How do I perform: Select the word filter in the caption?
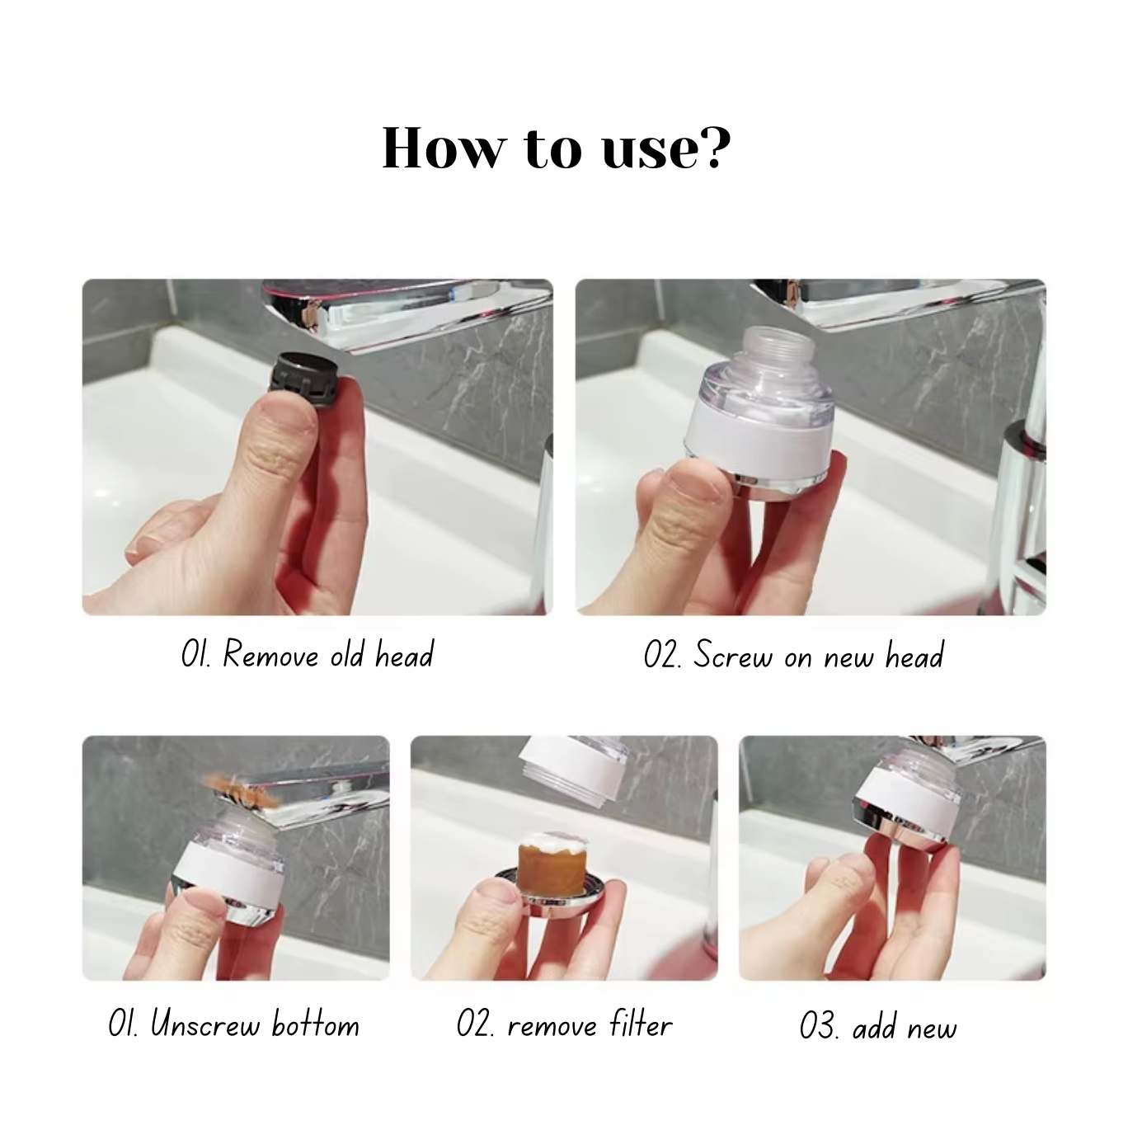tap(642, 1025)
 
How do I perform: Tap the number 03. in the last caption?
tap(820, 1028)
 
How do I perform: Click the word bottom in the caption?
tap(316, 1025)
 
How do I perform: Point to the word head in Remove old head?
tap(404, 656)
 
